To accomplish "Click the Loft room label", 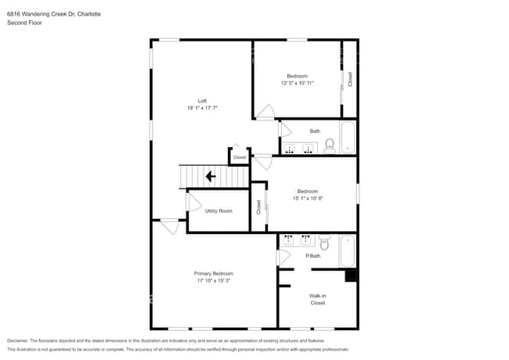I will click(x=202, y=100).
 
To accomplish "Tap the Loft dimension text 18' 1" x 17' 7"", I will click(x=202, y=108).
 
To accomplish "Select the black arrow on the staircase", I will click(x=211, y=177).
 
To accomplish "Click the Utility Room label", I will click(x=218, y=211).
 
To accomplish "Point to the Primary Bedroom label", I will click(x=214, y=273).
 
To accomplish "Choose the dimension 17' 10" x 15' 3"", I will click(x=214, y=280).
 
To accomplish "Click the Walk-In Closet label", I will click(x=317, y=299).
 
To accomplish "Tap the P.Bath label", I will click(x=312, y=256).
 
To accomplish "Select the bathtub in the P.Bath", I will click(x=348, y=251).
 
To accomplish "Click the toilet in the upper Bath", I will click(x=330, y=145).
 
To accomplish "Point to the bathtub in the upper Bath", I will click(x=348, y=138).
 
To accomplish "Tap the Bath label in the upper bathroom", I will click(x=315, y=131).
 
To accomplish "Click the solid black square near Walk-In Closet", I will click(x=352, y=275).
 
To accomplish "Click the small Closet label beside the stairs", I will click(x=240, y=157).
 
